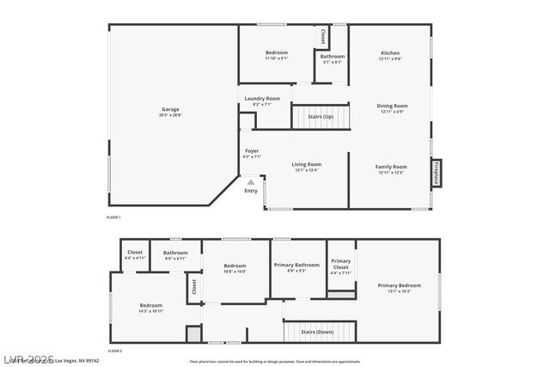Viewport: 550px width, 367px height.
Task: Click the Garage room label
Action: pos(170,109)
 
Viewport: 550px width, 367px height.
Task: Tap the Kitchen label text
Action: pos(390,53)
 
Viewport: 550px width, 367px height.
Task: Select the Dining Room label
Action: pos(392,106)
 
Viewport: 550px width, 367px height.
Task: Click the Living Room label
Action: pos(306,164)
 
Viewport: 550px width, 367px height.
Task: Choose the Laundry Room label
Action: pos(261,99)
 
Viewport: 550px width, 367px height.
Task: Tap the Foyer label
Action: pos(252,151)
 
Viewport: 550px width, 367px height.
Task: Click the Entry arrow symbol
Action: pos(251,181)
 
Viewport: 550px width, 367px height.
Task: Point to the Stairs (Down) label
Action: pos(317,331)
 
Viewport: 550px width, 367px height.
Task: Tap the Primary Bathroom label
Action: pos(296,266)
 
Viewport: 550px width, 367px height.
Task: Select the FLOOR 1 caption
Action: pos(113,218)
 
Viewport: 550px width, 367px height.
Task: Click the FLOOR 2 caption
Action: pos(114,352)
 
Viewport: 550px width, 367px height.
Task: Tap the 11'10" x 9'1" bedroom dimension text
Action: pos(276,58)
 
